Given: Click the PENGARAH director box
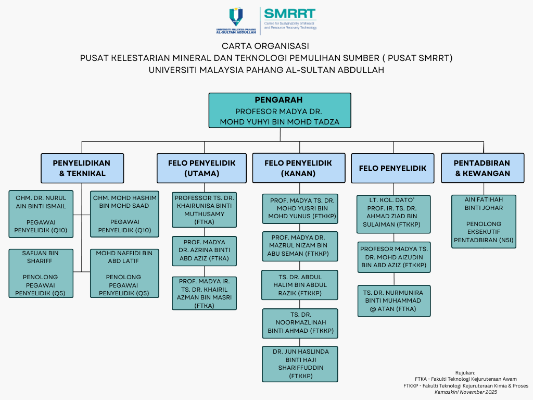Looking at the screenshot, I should click(x=280, y=110).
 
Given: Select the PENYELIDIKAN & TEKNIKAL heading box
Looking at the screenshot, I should click(x=82, y=168).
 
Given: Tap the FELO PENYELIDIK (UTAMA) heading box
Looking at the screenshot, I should click(x=201, y=168).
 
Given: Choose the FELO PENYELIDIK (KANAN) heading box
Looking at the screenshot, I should click(x=298, y=168).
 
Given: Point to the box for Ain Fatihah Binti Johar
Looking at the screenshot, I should click(x=484, y=221).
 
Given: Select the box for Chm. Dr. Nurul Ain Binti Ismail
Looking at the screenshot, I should click(x=41, y=214).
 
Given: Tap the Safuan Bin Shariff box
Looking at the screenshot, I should click(x=41, y=273).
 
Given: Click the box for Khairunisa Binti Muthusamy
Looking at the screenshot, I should click(x=204, y=209).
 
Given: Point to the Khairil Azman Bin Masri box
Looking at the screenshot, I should click(x=204, y=293).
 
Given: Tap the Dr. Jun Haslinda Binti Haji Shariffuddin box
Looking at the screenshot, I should click(x=300, y=364).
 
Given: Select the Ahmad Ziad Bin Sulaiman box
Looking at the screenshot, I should click(x=394, y=214).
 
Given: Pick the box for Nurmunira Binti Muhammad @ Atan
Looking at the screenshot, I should click(x=394, y=301).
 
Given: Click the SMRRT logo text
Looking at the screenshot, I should click(x=290, y=14).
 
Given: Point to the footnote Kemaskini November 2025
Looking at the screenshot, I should click(x=466, y=392).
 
